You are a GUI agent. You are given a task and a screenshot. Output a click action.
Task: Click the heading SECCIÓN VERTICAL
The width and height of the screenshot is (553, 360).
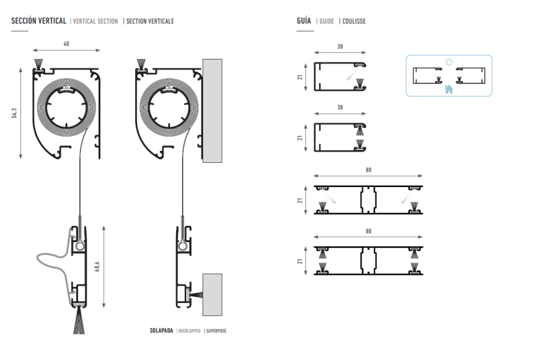click(38, 21)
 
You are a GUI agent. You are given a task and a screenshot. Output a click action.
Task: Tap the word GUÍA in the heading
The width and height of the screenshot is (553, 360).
click(304, 21)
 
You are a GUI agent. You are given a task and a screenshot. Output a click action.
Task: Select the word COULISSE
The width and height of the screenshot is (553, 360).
click(354, 22)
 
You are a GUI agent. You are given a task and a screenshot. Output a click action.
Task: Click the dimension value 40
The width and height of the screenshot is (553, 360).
click(66, 43)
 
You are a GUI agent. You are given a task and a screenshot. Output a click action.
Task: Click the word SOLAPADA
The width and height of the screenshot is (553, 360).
click(161, 331)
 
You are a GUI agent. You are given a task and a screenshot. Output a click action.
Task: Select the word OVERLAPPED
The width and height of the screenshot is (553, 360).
click(189, 331)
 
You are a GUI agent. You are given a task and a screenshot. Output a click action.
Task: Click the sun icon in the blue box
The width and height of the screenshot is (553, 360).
click(448, 62)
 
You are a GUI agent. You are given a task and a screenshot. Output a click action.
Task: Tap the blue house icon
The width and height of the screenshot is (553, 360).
click(448, 90)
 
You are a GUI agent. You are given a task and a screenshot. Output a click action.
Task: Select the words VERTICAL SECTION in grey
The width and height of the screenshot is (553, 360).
click(95, 22)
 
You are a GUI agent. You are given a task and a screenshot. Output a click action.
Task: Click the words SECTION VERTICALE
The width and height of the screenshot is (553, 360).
click(150, 22)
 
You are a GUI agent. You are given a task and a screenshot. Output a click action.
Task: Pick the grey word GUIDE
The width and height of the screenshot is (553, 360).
click(326, 22)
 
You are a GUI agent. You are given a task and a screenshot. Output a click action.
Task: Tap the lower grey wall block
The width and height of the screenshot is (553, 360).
click(212, 294)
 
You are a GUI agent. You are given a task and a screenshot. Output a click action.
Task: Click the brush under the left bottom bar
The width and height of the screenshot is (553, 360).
click(79, 321)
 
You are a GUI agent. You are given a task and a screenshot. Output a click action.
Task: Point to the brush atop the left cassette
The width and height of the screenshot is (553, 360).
click(39, 63)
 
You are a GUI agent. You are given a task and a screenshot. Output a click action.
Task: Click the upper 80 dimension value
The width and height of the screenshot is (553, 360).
click(368, 170)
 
